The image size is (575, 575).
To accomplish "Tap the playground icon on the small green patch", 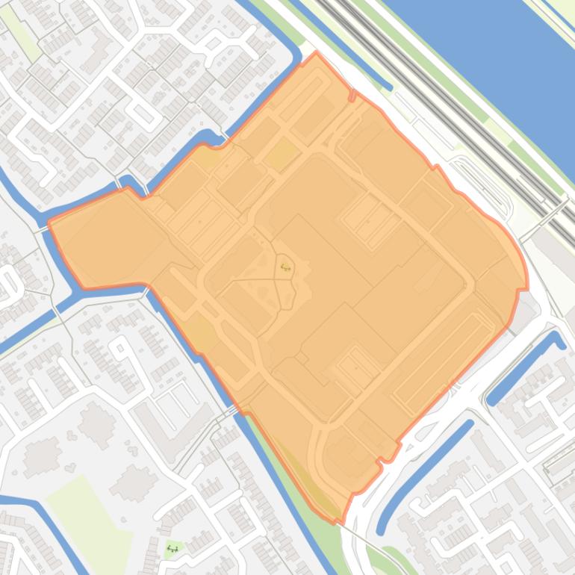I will tap(172, 549).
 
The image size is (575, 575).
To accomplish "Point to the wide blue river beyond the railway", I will tap(485, 60).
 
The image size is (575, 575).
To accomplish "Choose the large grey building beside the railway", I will tap(549, 246).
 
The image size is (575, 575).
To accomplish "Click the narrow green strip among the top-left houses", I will tap(26, 37).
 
